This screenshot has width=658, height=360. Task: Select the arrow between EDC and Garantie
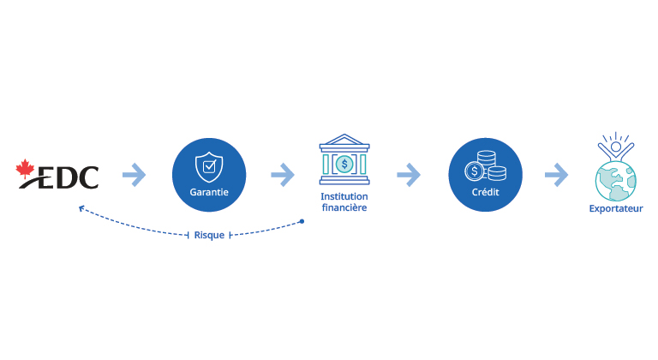[134, 176]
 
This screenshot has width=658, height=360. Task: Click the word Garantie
[208, 192]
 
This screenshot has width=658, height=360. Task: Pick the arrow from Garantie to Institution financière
[283, 176]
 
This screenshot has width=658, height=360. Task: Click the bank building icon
[344, 159]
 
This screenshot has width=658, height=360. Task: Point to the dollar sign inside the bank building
[344, 164]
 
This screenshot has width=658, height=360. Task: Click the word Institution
[344, 196]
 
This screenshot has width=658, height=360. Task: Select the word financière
[344, 207]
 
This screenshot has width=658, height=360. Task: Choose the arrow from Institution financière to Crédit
[409, 176]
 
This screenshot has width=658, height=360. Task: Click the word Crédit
[485, 192]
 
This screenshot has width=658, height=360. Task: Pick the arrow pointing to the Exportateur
[556, 176]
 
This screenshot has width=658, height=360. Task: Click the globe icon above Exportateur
[616, 177]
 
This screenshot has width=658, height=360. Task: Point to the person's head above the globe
[616, 147]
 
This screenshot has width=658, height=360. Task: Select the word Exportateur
[616, 208]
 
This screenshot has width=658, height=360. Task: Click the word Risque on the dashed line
[209, 234]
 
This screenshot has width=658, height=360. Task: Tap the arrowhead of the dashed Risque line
[80, 208]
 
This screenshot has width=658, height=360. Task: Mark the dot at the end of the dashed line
[302, 222]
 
